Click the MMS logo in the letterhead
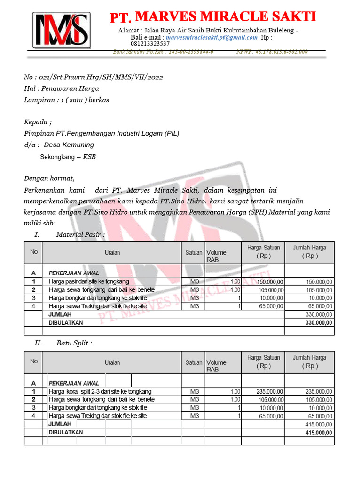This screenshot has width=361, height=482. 61,30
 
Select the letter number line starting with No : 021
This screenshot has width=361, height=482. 94,77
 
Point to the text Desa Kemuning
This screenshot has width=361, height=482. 69,145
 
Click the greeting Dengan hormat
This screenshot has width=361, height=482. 49,178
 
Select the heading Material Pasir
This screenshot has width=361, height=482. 80,234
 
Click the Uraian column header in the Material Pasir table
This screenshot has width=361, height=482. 112,253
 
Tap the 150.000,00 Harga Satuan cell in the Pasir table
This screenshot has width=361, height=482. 270,281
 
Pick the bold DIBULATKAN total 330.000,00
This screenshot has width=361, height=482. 318,323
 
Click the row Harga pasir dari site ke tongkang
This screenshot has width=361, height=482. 89,281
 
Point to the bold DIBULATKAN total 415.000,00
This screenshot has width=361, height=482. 318,432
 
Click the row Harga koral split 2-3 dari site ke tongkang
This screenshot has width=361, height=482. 100,392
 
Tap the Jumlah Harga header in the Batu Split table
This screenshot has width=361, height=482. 309,361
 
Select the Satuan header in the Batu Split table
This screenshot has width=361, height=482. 193,362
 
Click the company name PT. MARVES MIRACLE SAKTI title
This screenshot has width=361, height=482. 212,17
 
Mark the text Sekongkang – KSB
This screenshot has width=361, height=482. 68,157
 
